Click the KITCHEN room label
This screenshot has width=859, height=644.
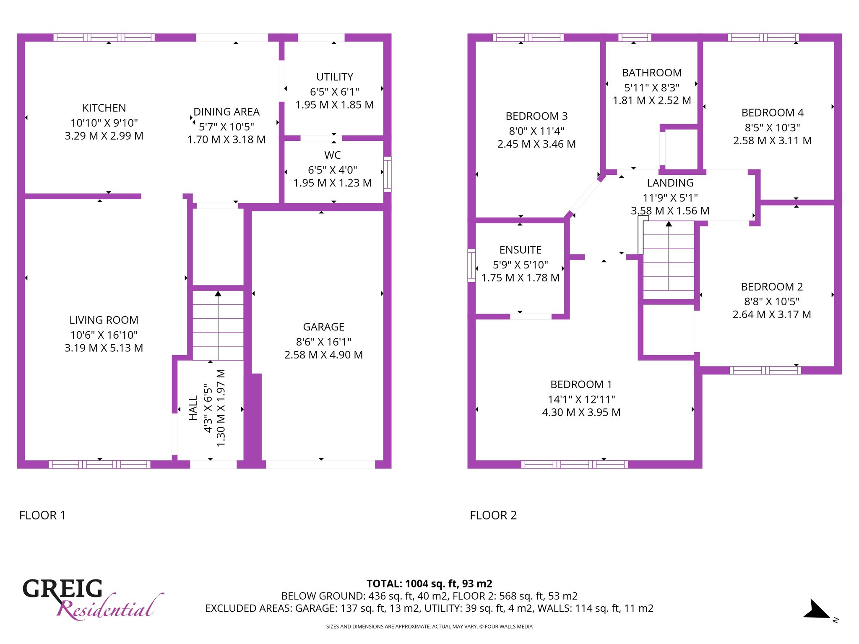click(104, 108)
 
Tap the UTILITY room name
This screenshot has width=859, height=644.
click(335, 77)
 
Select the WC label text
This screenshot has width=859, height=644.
click(333, 156)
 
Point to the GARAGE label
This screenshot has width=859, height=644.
click(324, 327)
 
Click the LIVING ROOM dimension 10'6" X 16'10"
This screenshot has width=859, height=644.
click(104, 335)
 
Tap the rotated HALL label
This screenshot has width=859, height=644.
click(193, 408)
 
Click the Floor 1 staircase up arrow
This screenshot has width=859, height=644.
click(218, 325)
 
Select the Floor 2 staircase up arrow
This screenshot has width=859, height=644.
click(669, 255)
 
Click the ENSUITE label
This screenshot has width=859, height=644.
click(521, 250)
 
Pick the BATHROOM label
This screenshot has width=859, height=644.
click(652, 73)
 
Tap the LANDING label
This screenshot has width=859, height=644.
click(670, 183)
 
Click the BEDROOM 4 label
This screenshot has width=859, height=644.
click(773, 113)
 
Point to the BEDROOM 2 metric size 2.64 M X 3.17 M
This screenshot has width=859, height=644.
click(772, 314)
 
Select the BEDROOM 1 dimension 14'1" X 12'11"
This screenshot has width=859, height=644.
click(581, 400)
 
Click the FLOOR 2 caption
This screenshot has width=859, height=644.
click(493, 515)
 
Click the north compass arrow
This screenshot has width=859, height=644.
click(817, 609)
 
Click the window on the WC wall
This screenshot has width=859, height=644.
click(388, 174)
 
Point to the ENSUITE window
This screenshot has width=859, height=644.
click(472, 265)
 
